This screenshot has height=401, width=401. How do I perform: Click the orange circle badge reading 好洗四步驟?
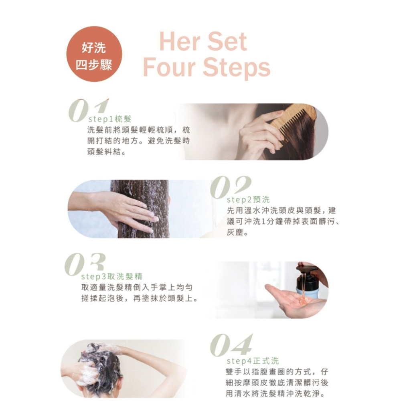tap(94, 54)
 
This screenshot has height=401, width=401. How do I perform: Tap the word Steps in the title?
tap(237, 67)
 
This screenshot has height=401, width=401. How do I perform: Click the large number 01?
tap(89, 111)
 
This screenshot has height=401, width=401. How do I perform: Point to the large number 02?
tap(231, 187)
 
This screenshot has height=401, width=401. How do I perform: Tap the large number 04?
tap(231, 345)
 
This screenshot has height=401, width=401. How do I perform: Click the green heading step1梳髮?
tap(110, 119)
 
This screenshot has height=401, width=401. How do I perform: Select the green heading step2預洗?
tap(248, 199)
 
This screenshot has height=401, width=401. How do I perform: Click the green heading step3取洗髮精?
tap(111, 276)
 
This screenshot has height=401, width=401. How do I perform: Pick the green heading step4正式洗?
tap(253, 361)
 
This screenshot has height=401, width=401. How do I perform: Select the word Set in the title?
tap(227, 41)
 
